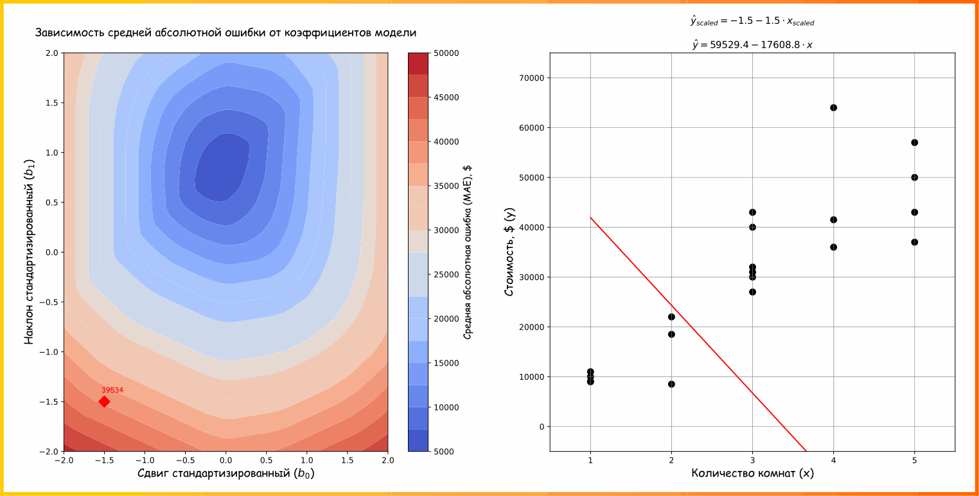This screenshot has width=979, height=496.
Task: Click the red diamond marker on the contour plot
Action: click(104, 402)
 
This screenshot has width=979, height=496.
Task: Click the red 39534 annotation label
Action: click(112, 390)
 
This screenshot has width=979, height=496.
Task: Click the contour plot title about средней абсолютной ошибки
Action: click(225, 33)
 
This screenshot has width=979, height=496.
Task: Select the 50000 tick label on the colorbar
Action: click(446, 53)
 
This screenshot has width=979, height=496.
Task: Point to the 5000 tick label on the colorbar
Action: click(444, 452)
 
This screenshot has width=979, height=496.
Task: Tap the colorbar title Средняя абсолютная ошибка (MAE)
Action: click(468, 252)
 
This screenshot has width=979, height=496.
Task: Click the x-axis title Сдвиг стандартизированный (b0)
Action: click(225, 474)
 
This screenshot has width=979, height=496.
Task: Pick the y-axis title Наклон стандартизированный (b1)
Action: click(29, 252)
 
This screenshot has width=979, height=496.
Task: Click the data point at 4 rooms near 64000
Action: click(833, 107)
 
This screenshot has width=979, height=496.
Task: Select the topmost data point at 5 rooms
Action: click(914, 143)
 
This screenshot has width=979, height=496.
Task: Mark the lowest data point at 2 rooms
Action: click(671, 384)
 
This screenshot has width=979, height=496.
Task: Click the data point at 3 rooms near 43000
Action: click(752, 212)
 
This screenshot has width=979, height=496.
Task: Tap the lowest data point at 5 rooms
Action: click(914, 242)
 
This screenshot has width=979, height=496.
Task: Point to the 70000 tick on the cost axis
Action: click(530, 78)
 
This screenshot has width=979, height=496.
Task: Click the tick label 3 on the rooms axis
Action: click(752, 461)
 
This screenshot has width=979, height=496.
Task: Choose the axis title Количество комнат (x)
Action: click(752, 474)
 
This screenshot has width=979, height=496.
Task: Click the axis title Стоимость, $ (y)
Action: click(509, 252)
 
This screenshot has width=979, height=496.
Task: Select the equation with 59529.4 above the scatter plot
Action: click(752, 44)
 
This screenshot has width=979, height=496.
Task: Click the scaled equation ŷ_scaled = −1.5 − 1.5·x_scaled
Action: click(752, 22)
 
